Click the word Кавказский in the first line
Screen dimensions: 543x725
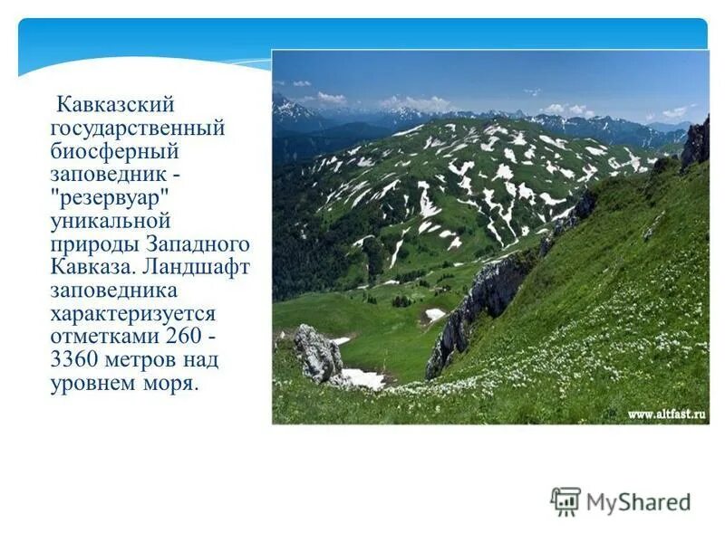pos(114,106)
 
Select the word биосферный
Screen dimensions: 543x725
pos(114,151)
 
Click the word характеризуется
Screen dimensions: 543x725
pos(132,314)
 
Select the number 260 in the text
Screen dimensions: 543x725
pos(185,338)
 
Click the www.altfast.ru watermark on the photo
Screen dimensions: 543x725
pos(667,414)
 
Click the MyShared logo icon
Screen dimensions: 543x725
pos(566,501)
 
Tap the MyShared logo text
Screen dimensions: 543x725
pos(638,501)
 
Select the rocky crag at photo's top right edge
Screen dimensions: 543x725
pos(696,143)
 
